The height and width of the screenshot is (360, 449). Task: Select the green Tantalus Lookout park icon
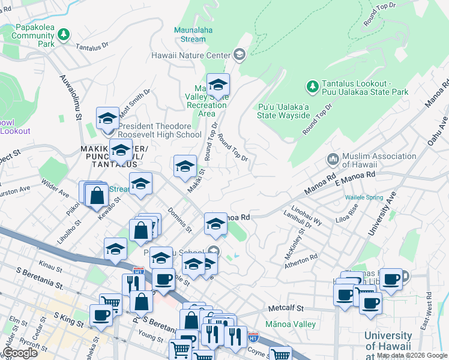(x=312, y=87)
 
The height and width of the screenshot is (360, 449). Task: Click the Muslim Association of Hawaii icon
(x=332, y=160)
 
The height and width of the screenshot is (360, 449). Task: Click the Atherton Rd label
(x=302, y=259)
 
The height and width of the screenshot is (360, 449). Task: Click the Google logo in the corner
(x=19, y=353)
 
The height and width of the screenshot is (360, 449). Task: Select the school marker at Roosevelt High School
(x=107, y=119)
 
